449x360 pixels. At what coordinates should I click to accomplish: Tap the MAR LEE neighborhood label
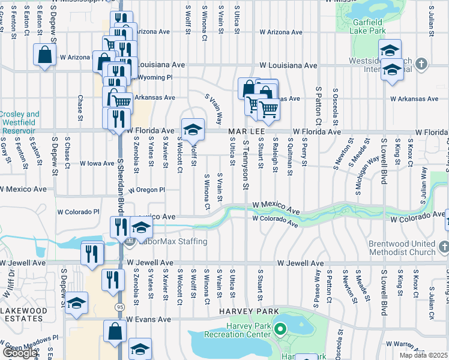tap(244, 131)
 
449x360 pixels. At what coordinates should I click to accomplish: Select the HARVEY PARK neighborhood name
tap(248, 311)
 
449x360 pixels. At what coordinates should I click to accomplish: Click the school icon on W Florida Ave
tap(193, 129)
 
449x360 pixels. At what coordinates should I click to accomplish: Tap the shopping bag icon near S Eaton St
tap(45, 55)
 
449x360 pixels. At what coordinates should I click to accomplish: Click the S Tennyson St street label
tap(246, 165)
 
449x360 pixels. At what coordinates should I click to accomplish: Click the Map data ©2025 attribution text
tap(424, 355)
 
